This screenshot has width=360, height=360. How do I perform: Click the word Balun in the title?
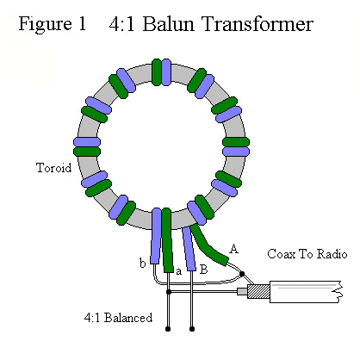click(168, 24)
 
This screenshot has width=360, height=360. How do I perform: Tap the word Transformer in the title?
click(258, 24)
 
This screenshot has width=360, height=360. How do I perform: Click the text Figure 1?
click(53, 24)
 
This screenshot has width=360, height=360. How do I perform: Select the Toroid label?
click(53, 167)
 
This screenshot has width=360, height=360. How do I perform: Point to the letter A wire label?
click(234, 249)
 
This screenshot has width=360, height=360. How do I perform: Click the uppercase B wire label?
click(203, 270)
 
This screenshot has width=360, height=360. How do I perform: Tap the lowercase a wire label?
click(178, 271)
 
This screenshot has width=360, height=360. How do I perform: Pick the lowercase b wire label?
click(142, 263)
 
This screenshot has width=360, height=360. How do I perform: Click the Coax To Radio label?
click(307, 254)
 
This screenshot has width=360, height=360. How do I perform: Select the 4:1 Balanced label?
click(118, 318)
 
